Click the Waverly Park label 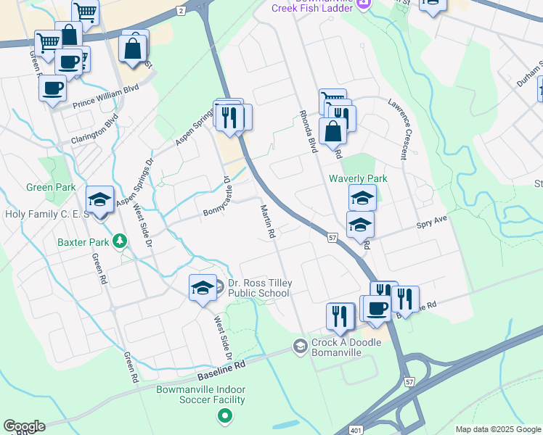pos(358,178)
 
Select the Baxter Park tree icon pos(121,242)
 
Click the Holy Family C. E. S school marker pos(99,199)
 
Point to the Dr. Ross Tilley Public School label pos(258,288)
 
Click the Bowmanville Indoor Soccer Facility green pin pos(225,416)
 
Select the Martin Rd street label pos(267,222)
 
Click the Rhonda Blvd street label pos(309,131)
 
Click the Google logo pos(24,426)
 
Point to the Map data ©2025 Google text pos(497,429)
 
